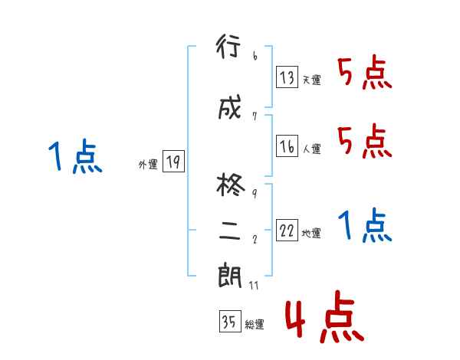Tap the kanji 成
[230, 108]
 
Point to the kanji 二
[230, 232]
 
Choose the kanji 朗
[230, 277]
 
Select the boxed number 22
[287, 231]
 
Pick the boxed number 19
[173, 161]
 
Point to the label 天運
[311, 80]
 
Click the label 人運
[311, 149]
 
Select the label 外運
[148, 165]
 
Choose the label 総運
[254, 325]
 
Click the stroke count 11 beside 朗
[255, 286]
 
